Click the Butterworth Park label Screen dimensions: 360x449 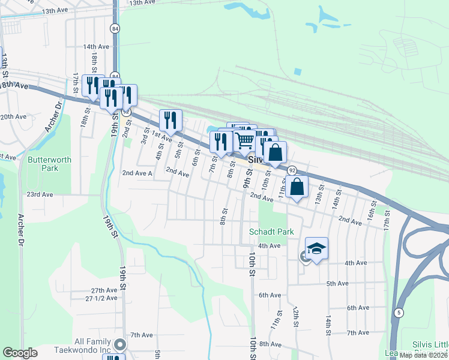click(x=43, y=164)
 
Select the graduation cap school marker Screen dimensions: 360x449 click(x=316, y=248)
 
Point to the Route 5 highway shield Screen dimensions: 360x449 click(x=399, y=312)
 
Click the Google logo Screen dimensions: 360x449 click(x=19, y=353)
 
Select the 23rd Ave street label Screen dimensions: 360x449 click(x=40, y=195)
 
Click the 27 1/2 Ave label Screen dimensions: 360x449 click(x=101, y=298)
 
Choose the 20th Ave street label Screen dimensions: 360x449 click(x=13, y=116)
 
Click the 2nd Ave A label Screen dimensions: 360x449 click(x=137, y=173)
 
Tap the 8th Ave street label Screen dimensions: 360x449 click(x=270, y=344)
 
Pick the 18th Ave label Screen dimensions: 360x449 click(x=14, y=86)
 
